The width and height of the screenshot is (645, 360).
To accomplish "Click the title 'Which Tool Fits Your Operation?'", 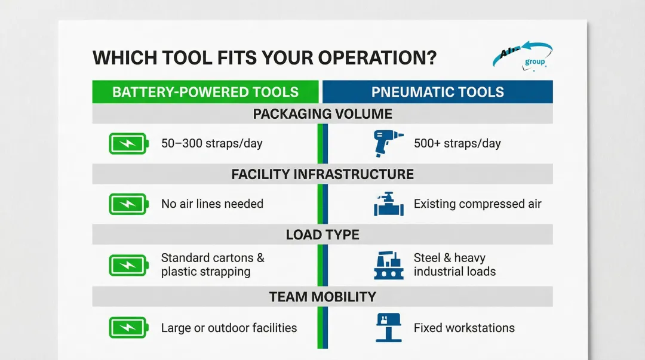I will (265, 58).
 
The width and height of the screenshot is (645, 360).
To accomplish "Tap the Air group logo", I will (523, 56).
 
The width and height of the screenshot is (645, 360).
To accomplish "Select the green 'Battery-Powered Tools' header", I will (205, 92).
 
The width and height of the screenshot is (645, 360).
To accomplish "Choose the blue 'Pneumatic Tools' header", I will (438, 92).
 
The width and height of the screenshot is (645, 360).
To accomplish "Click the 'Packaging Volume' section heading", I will (322, 114).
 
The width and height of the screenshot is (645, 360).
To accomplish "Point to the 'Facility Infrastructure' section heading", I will (322, 174).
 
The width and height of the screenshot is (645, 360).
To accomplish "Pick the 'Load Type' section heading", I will (322, 235).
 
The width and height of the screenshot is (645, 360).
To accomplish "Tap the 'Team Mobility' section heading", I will (322, 296).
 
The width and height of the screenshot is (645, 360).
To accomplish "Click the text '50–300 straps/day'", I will (212, 143).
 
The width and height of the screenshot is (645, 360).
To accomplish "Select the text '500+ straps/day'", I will (457, 143).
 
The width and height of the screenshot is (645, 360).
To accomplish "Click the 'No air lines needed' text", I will (212, 204).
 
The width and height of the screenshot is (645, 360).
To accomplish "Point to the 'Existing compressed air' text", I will (477, 204).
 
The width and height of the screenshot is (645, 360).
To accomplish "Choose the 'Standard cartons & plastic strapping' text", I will (213, 264).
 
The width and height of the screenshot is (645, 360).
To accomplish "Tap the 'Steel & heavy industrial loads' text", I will (454, 264).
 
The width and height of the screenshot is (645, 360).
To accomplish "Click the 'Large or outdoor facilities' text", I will (229, 328).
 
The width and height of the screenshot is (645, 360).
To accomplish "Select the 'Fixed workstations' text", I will (464, 328).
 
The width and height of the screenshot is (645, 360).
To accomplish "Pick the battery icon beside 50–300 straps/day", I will (128, 143).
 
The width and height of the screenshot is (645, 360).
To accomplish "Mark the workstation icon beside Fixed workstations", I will (388, 328).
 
